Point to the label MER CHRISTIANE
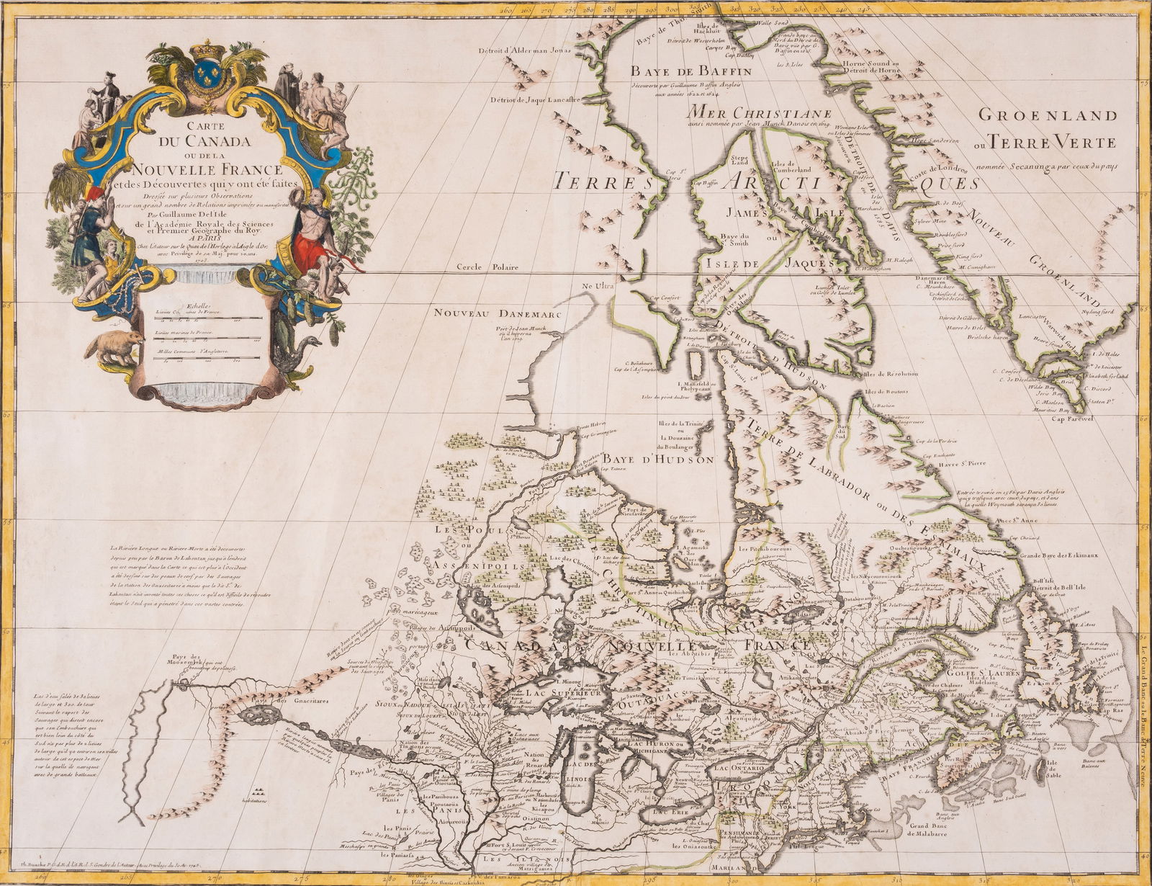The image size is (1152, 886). click(x=760, y=112)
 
